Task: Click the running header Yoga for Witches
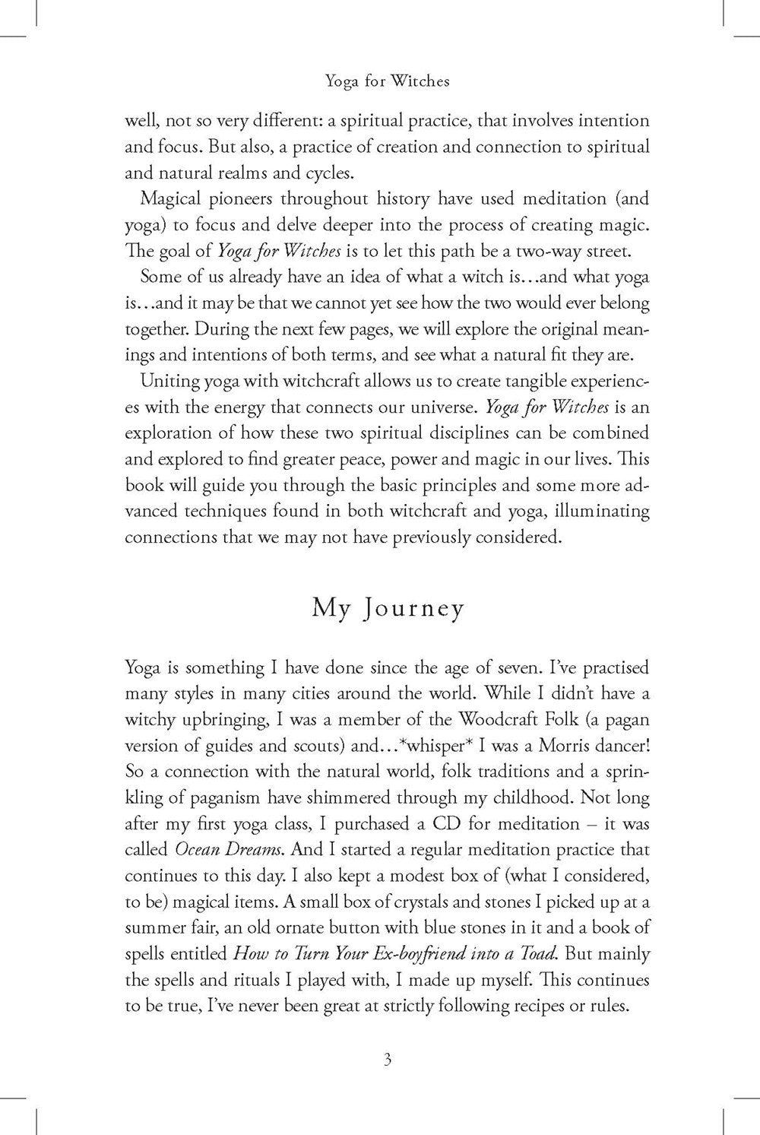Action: pyautogui.click(x=388, y=81)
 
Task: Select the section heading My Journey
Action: pyautogui.click(x=388, y=610)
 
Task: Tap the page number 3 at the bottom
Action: pyautogui.click(x=388, y=1060)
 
